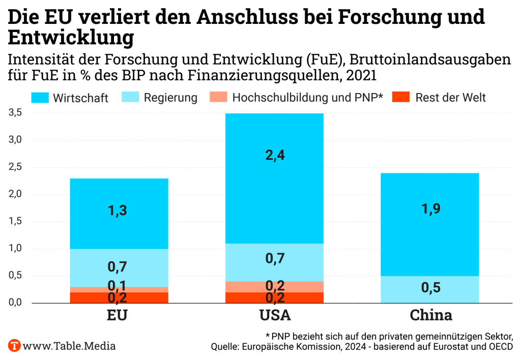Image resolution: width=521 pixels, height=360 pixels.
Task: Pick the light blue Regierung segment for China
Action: pyautogui.click(x=429, y=290)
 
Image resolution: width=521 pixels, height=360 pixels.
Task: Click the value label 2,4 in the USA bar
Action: pyautogui.click(x=274, y=156)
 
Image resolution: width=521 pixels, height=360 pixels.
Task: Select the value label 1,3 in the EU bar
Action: pyautogui.click(x=119, y=209)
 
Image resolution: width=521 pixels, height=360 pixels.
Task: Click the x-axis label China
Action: pyautogui.click(x=431, y=315)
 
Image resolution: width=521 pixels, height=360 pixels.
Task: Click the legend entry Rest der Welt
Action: pyautogui.click(x=450, y=97)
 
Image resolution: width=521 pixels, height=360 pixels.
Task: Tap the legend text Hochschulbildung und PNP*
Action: pyautogui.click(x=307, y=97)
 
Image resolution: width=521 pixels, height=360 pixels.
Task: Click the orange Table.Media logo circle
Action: pyautogui.click(x=14, y=346)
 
